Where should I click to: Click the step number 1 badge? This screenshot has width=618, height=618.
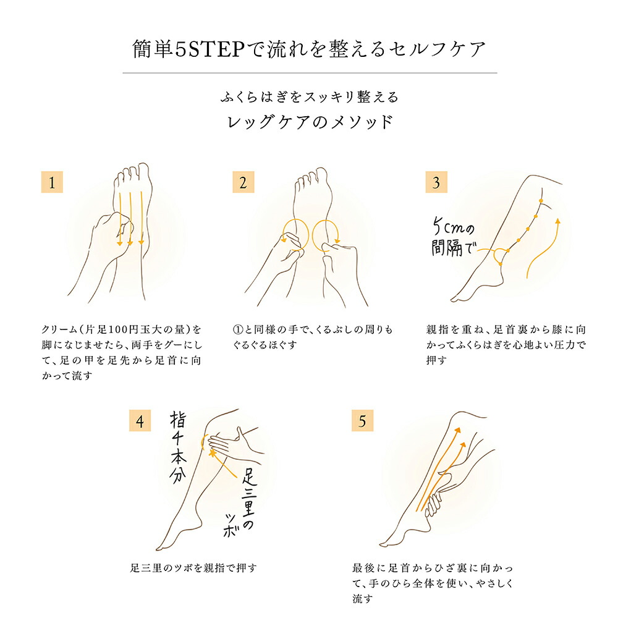coord(52,182)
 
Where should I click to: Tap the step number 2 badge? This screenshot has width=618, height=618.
coord(243,182)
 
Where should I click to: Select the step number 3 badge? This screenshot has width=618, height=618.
coord(436,182)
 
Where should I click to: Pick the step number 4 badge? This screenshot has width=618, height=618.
coord(140,422)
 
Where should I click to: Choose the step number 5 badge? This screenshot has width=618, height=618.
coord(363,422)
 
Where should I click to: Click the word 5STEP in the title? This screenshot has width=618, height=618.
coord(211,49)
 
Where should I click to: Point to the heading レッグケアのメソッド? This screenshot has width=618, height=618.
coord(310,122)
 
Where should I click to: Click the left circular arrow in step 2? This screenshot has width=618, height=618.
coord(294,234)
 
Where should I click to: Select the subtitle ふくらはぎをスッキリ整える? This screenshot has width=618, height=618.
coord(310,97)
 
